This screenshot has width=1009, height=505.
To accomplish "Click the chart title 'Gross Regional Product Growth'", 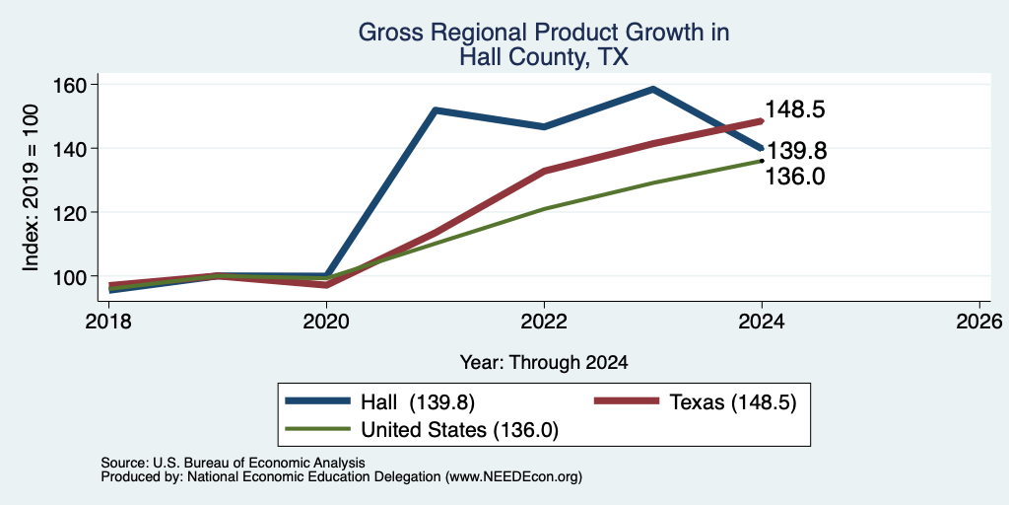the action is (544, 33).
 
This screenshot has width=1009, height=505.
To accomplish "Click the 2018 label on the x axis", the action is (108, 321).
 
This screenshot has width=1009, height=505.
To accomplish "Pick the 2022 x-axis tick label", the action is (544, 321).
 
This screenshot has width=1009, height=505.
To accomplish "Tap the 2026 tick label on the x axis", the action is (980, 321).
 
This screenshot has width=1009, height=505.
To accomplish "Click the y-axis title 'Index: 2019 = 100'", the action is (31, 187).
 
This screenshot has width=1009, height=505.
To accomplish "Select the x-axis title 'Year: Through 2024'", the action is (544, 363).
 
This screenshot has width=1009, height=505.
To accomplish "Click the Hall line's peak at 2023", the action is (653, 89).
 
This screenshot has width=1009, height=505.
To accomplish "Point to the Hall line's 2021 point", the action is (436, 110).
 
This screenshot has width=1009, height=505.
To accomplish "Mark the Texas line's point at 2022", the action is (544, 172).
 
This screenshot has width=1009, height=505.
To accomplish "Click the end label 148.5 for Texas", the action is (795, 109).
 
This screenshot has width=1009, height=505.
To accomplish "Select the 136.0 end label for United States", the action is (795, 176).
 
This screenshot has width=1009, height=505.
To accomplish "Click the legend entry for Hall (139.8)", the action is (380, 402).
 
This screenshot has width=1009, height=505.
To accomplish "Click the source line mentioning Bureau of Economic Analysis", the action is (233, 463).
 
